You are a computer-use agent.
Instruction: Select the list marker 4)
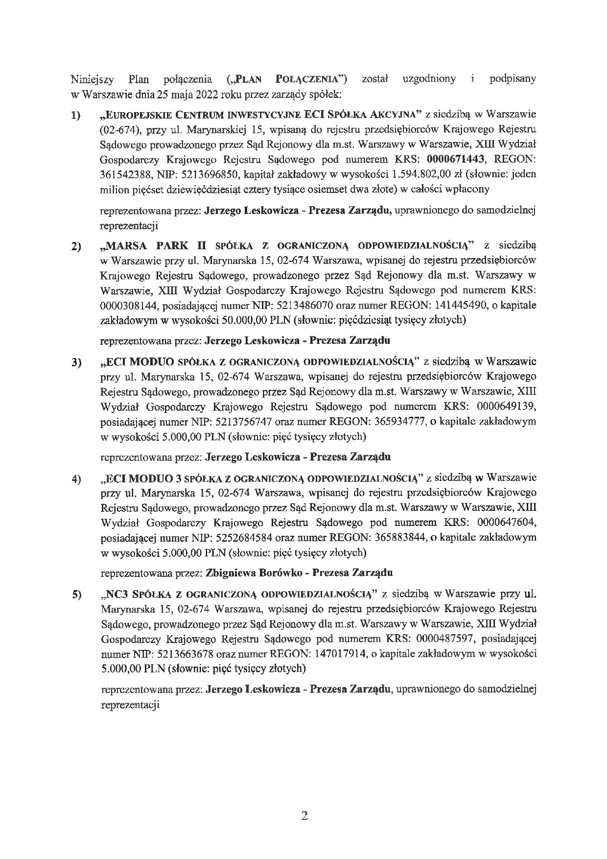(x=76, y=479)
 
